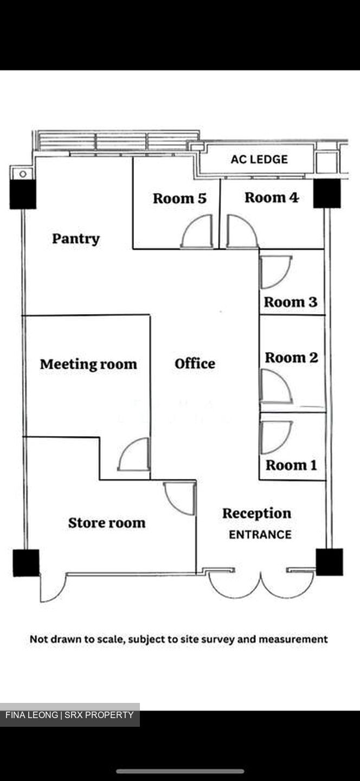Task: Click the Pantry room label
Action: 76,239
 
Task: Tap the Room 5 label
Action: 179,199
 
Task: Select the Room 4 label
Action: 272,197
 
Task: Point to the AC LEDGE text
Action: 259,159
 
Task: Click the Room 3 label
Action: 290,302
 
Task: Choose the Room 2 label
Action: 291,357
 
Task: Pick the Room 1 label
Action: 291,465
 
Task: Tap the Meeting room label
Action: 88,364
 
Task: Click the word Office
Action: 195,363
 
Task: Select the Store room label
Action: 107,523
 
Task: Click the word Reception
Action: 257,514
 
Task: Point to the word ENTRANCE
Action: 260,535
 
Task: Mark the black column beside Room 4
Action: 327,194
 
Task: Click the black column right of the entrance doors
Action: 329,562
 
